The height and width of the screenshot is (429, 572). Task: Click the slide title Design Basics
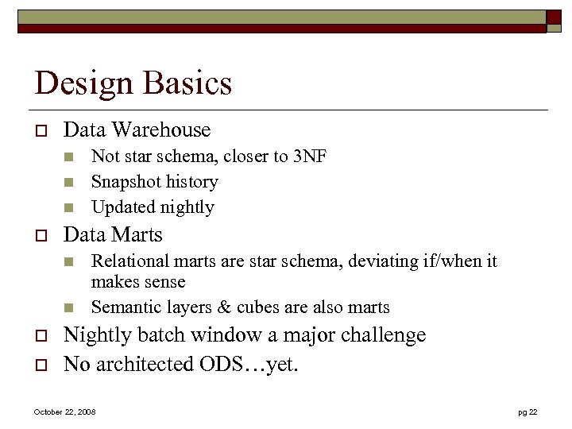tap(133, 83)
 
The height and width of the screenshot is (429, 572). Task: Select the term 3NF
tap(311, 157)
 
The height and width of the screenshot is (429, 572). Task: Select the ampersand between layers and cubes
tap(215, 307)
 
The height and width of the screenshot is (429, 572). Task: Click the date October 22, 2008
tap(64, 412)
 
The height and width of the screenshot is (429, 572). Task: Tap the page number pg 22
tap(528, 412)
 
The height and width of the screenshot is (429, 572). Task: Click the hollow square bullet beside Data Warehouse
tap(39, 131)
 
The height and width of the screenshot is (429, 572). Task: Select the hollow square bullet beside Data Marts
tap(39, 236)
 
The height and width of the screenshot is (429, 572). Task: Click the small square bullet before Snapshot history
tap(68, 183)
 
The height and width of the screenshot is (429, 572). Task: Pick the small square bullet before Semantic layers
tap(68, 307)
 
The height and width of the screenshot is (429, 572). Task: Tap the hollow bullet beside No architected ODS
tap(39, 365)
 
